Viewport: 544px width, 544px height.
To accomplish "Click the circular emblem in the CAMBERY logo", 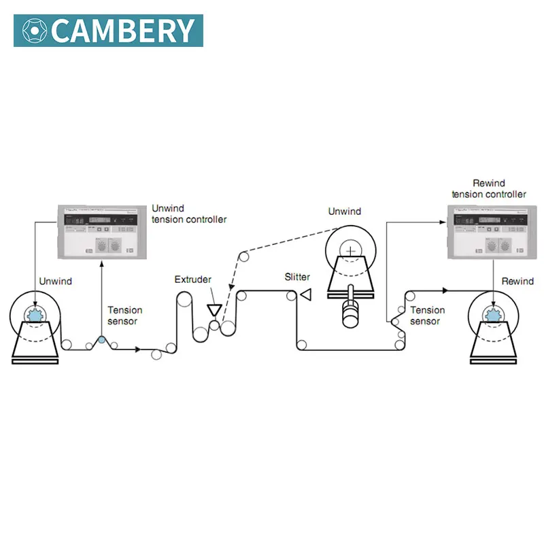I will pos(33,31).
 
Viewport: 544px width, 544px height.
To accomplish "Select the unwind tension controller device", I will pos(102,232).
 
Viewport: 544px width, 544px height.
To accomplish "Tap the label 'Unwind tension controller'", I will pos(188,214).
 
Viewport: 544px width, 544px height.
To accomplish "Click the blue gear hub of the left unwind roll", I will pos(34,315).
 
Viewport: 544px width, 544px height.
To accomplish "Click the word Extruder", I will pos(193,279).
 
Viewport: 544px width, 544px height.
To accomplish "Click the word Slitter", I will pos(297,277).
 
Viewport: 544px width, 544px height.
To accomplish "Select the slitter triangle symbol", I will pos(305,294).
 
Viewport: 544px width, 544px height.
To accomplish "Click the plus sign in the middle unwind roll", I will pos(350,252).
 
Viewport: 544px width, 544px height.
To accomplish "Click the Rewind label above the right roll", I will pos(517,281).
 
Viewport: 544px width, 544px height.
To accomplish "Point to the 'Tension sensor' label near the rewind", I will pos(427,316).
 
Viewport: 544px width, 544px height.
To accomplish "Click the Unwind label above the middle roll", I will pos(345,211).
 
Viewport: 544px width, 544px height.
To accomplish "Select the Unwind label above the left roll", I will pos(55,281).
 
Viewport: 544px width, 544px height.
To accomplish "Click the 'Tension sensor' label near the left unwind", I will pos(125,316).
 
